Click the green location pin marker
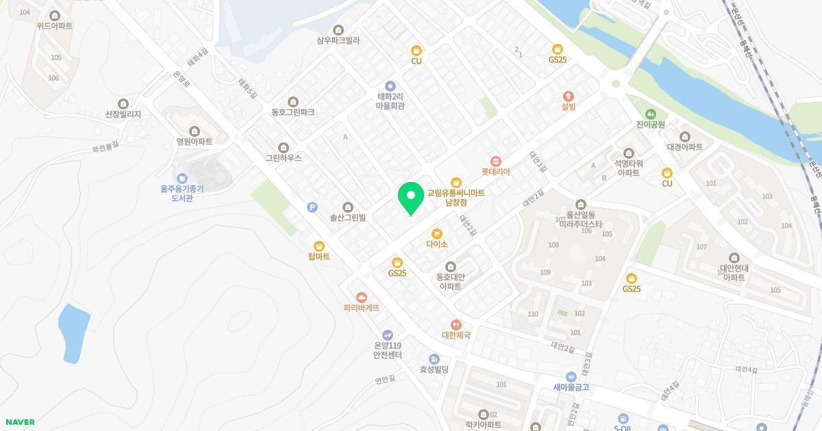pyautogui.click(x=410, y=198)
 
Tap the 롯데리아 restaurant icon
pyautogui.click(x=496, y=160)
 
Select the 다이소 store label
pyautogui.click(x=436, y=244)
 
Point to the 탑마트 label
pyautogui.click(x=319, y=257)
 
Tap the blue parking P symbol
pyautogui.click(x=313, y=207)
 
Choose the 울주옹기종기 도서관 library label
pyautogui.click(x=182, y=193)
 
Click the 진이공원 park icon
pyautogui.click(x=650, y=114)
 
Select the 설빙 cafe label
pyautogui.click(x=568, y=107)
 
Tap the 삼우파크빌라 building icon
pyautogui.click(x=338, y=29)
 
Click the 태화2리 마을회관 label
pyautogui.click(x=390, y=101)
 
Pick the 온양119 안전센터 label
pyautogui.click(x=387, y=350)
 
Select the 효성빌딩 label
pyautogui.click(x=434, y=369)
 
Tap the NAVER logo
pyautogui.click(x=19, y=422)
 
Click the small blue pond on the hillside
pyautogui.click(x=74, y=332)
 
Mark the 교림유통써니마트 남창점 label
pyautogui.click(x=456, y=198)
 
